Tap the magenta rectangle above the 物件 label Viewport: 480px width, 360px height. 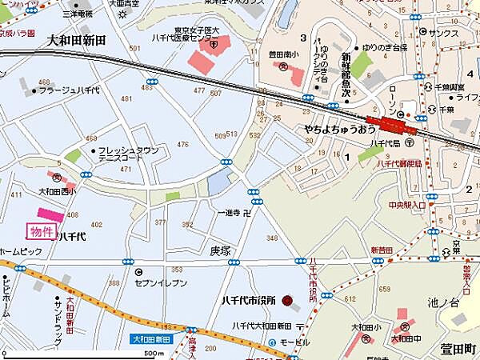pyautogui.click(x=46, y=216)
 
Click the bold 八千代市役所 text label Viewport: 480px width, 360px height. pyautogui.click(x=250, y=302)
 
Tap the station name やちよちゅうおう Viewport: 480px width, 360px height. pyautogui.click(x=339, y=128)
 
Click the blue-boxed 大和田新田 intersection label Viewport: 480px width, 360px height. pyautogui.click(x=151, y=340)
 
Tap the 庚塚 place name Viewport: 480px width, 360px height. pyautogui.click(x=222, y=251)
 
